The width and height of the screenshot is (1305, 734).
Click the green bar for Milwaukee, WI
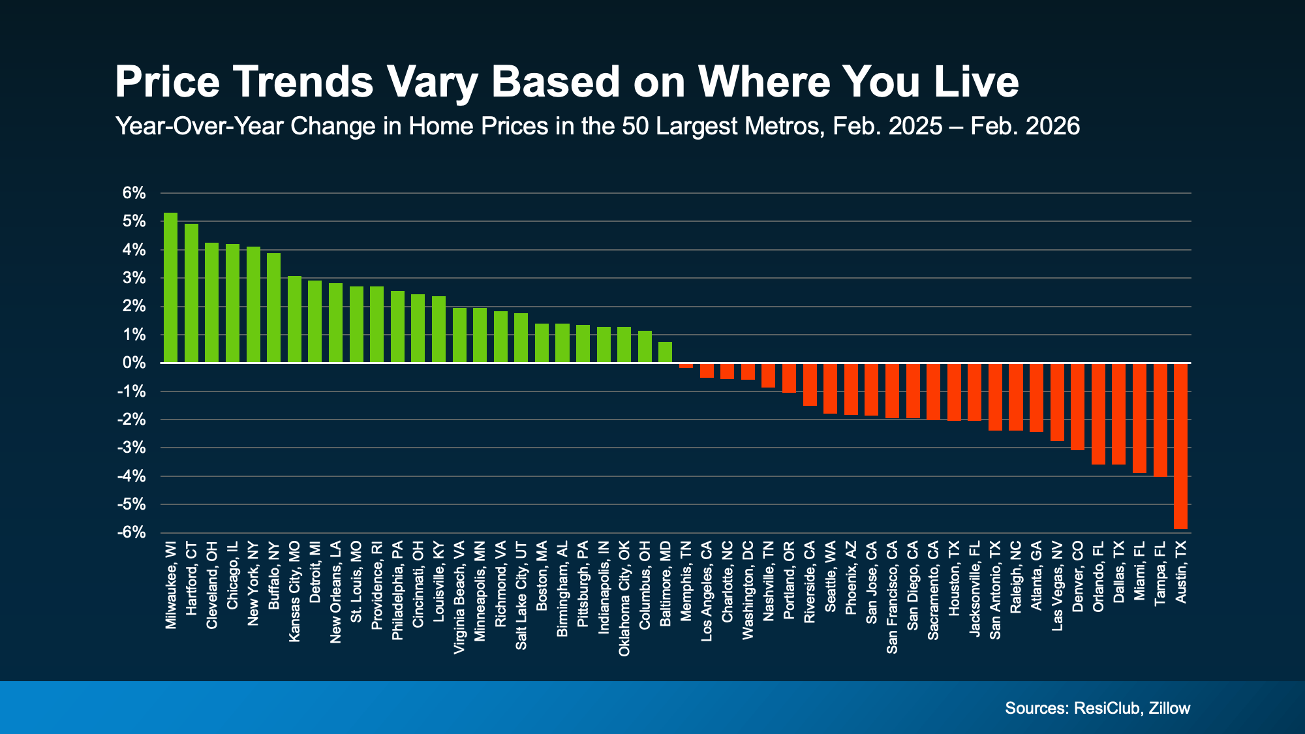[x=170, y=288]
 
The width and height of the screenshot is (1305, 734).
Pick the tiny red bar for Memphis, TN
[x=686, y=365]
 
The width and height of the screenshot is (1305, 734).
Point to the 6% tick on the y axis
[x=134, y=193]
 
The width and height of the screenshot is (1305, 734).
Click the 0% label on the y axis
[x=134, y=363]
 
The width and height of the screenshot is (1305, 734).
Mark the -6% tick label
[x=131, y=532]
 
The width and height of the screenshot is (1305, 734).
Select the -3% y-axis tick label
[x=131, y=448]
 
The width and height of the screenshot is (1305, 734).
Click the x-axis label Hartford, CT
[x=191, y=578]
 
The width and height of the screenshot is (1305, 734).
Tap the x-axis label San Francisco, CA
[x=892, y=597]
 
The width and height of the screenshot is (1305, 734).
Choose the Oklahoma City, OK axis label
[x=624, y=598]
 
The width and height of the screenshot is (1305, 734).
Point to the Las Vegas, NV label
[x=1057, y=586]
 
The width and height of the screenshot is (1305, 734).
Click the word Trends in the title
[x=303, y=82]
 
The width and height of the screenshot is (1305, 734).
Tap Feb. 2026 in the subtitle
[x=1024, y=126]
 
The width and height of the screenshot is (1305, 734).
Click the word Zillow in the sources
[x=1169, y=708]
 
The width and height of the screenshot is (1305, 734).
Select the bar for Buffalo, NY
[x=273, y=308]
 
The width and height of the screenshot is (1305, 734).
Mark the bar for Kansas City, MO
[x=294, y=319]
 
